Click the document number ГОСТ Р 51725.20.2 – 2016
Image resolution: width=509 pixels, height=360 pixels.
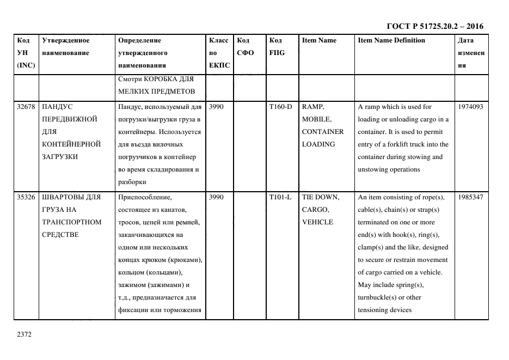(x=434, y=26)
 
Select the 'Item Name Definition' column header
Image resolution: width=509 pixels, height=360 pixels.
(x=391, y=40)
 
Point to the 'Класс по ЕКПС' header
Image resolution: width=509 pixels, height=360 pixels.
(x=219, y=53)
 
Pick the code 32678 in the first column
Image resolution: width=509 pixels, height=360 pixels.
(x=26, y=107)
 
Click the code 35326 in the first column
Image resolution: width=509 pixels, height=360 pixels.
(x=26, y=197)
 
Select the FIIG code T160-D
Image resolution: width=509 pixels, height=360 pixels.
(x=280, y=107)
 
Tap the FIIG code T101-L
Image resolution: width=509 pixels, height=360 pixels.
(x=280, y=197)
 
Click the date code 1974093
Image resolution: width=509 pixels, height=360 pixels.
(x=470, y=107)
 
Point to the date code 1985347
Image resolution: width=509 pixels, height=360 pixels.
(x=470, y=197)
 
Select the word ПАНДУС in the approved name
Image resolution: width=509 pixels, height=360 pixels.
(x=57, y=107)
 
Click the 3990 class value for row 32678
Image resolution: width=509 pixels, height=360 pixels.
(x=216, y=107)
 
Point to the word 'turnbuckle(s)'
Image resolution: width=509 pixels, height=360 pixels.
(x=377, y=297)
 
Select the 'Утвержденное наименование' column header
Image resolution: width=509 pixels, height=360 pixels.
(x=66, y=46)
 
